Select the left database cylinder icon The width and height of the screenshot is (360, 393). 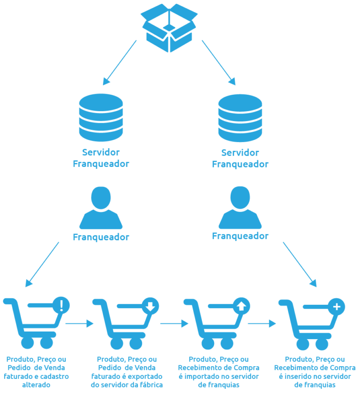pos(101,117)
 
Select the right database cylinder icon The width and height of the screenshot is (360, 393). pos(240,117)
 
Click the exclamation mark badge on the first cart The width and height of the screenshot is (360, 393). pos(61,306)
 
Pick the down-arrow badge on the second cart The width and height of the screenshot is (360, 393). pos(150,307)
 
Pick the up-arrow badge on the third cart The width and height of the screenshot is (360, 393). pos(241,307)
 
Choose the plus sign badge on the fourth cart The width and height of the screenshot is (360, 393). pos(336,307)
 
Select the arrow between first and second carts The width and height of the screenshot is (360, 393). pos(79,324)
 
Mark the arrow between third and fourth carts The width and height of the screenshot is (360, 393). pos(261,323)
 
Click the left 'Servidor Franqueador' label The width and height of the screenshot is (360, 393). pos(101,158)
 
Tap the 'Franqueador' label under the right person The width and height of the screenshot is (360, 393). pos(240,236)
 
